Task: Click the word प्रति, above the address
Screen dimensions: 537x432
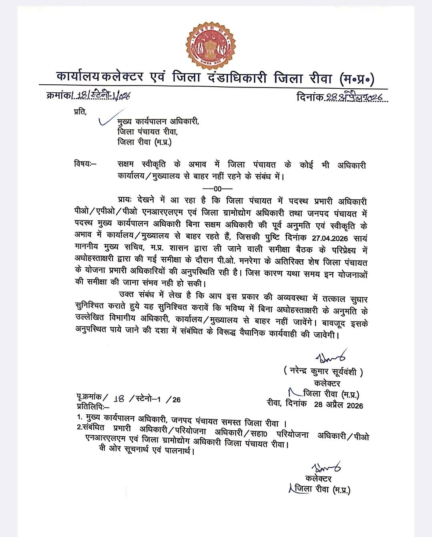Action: pyautogui.click(x=80, y=111)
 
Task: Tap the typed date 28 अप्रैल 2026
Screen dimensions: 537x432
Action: pyautogui.click(x=338, y=405)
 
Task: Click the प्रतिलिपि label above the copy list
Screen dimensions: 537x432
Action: pyautogui.click(x=90, y=407)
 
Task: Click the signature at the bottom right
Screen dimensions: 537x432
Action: pyautogui.click(x=325, y=467)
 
